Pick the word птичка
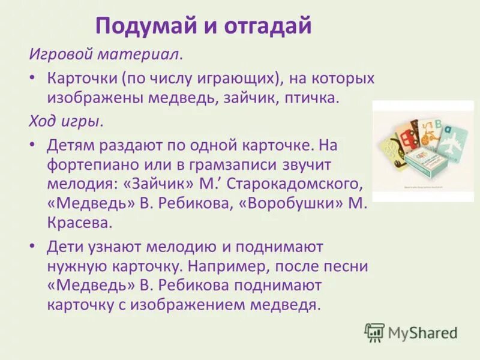(311, 98)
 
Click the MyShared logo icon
(374, 332)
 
